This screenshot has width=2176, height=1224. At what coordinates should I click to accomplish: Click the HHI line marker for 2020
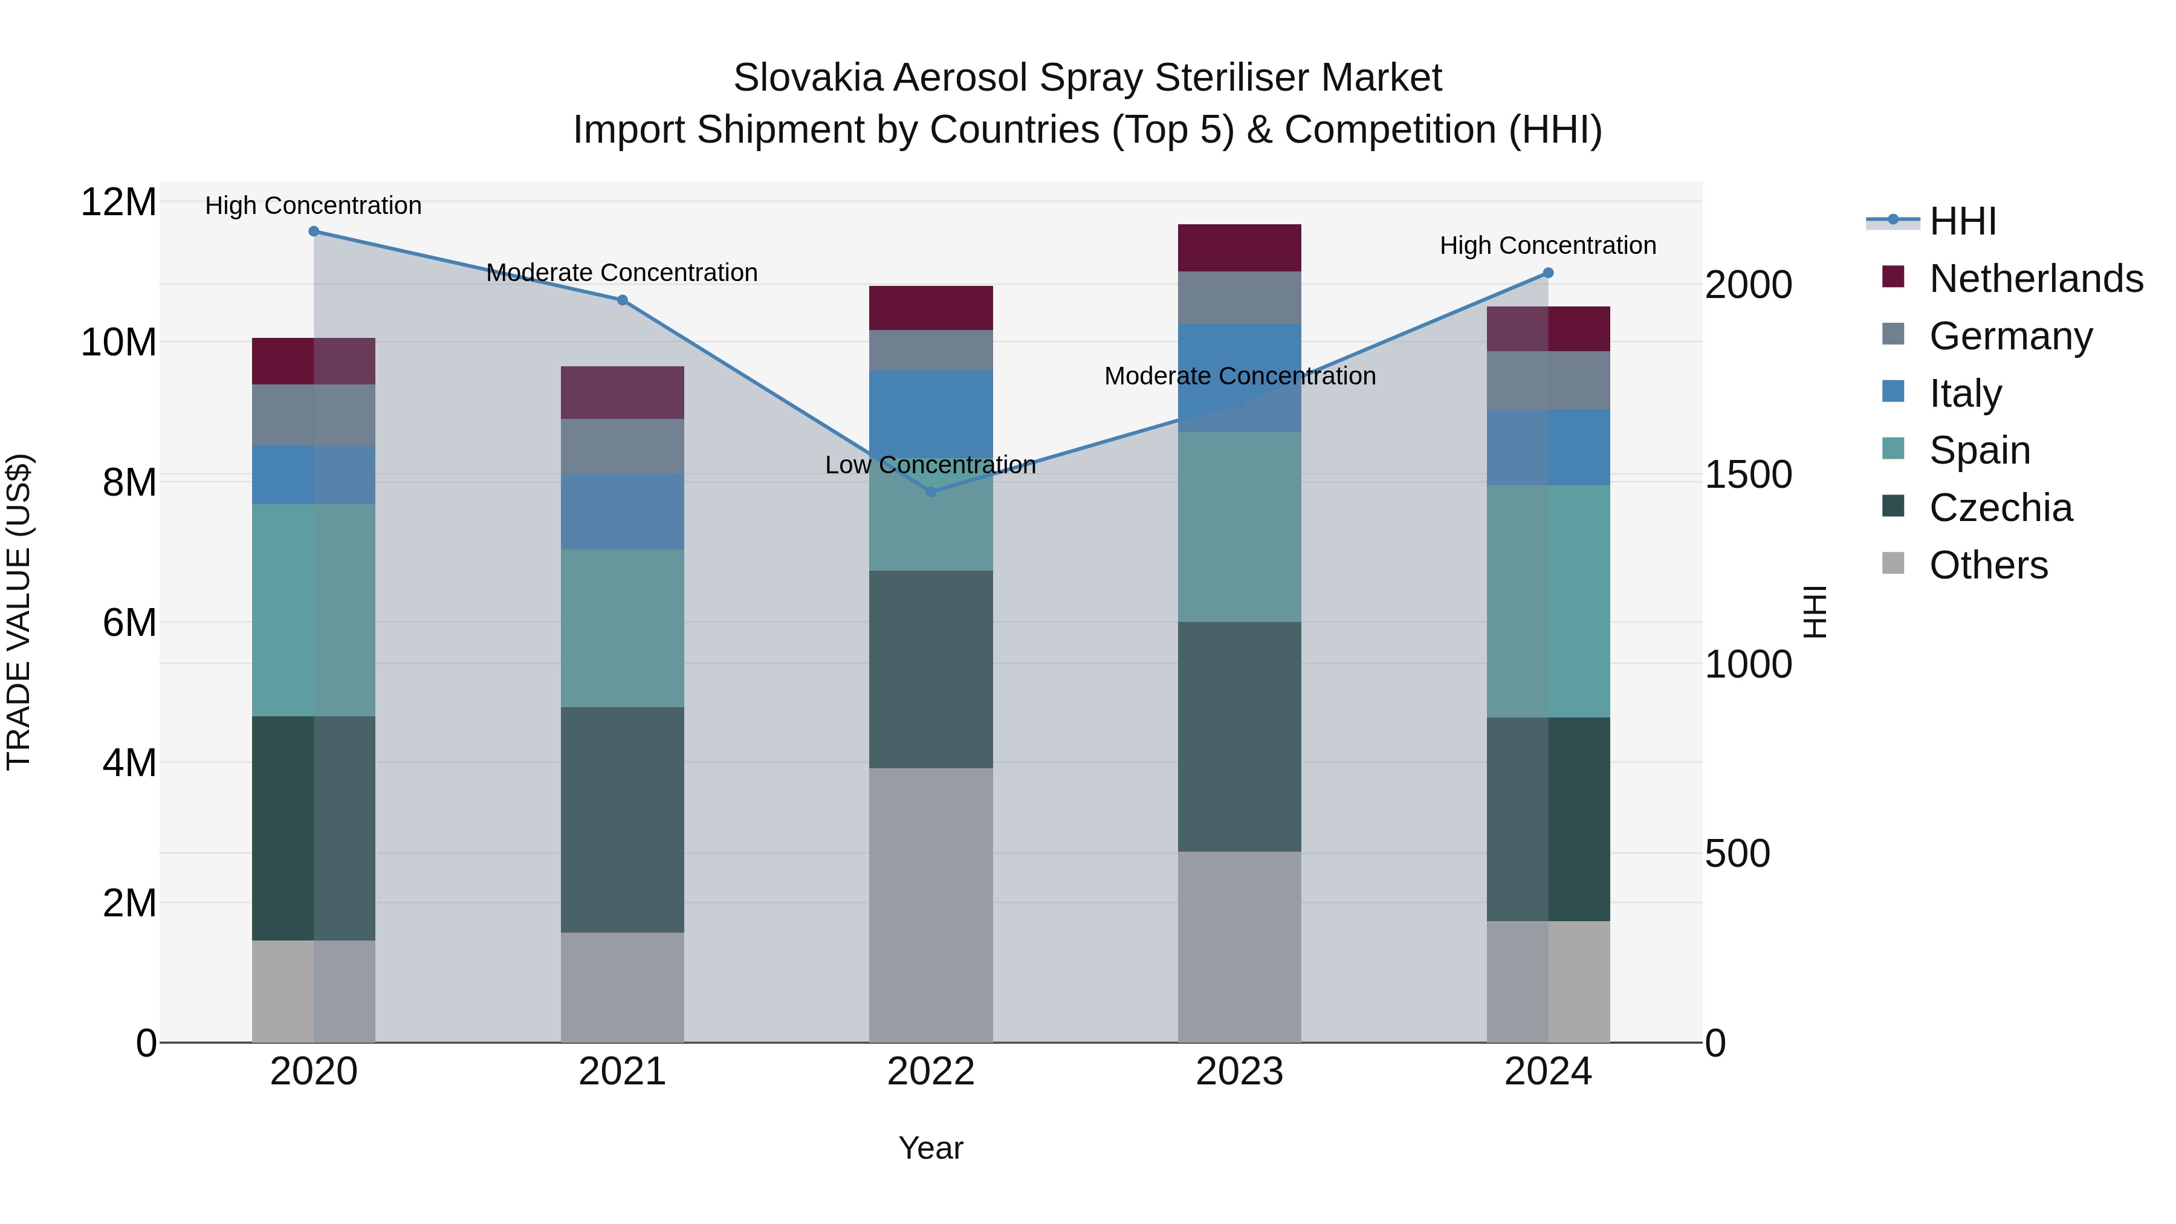[313, 231]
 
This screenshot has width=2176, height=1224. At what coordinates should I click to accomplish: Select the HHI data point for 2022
[931, 491]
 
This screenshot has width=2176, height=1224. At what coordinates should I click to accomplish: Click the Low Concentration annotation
[930, 465]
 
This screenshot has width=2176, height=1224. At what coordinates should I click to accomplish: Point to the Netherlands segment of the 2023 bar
[1239, 247]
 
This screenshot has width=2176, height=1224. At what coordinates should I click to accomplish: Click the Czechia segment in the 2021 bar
[623, 820]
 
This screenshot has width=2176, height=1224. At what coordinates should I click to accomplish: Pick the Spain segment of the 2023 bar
[1239, 526]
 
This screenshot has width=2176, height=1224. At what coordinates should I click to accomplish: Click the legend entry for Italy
[1965, 393]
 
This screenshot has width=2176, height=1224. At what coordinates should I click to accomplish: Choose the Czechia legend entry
[2000, 508]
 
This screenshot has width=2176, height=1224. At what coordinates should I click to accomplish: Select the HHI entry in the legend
[1962, 221]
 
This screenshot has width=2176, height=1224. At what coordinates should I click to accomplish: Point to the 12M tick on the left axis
[118, 202]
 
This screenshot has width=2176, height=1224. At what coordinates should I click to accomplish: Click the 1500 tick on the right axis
[1747, 474]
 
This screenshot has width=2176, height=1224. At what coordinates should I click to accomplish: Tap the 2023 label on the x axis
[1239, 1072]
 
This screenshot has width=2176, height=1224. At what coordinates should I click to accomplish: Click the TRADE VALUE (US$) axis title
[19, 612]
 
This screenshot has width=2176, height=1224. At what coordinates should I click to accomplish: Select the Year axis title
[931, 1148]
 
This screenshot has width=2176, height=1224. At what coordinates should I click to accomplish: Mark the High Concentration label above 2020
[313, 206]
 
